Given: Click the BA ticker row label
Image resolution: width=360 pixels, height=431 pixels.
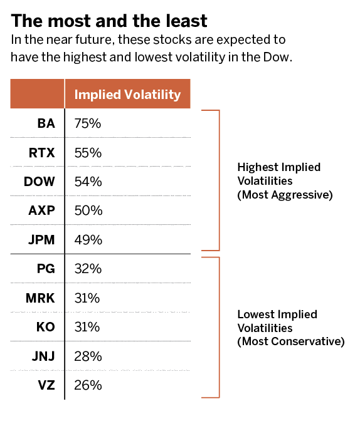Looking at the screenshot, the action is coord(46,123).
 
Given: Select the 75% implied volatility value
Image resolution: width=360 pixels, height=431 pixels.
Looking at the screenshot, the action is coord(88,123).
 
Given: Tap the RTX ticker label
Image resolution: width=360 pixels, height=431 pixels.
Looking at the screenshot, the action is coord(42,153).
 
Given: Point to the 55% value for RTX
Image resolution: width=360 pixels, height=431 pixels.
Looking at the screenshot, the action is coord(88,153).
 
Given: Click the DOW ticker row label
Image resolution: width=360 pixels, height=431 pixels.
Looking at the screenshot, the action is coord(40,182).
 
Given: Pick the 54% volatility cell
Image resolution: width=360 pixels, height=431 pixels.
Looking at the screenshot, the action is coord(88,182).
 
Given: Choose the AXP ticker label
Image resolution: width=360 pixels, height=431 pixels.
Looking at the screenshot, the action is coord(42,210).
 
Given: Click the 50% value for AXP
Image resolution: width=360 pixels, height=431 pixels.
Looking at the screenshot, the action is coord(88,210).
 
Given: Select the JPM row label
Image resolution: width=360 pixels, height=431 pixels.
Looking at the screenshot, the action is coord(41,240).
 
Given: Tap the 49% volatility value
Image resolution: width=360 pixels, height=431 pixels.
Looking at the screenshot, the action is coord(88,240).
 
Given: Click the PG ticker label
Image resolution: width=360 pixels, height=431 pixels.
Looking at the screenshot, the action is coord(46,269).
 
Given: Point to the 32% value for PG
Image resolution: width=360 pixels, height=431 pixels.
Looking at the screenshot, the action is coord(88,269).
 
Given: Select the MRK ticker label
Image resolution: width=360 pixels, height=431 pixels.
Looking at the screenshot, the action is coord(40,298).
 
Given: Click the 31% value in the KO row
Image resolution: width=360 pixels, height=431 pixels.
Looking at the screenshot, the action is coord(87,327).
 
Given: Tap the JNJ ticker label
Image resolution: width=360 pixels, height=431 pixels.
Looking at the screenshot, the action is coord(43,356).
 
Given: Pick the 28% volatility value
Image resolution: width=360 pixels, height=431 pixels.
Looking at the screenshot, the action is coord(88,356).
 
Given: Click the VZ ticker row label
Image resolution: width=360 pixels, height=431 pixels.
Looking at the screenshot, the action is coord(46,385).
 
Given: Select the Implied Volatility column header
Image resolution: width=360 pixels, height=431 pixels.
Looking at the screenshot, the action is coord(127,95).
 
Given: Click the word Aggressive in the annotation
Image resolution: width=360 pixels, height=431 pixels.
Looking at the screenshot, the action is coord(302,195).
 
